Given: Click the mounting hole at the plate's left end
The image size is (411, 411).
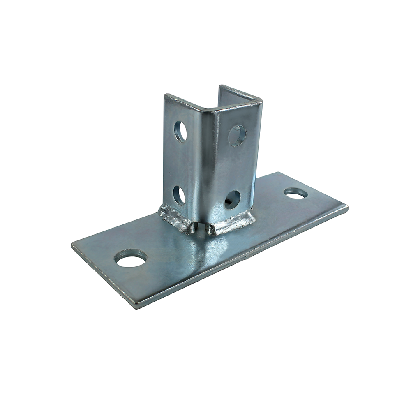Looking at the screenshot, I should [131, 259].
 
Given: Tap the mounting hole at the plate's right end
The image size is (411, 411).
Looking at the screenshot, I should [296, 193].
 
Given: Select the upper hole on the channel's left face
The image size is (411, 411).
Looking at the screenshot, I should [180, 132].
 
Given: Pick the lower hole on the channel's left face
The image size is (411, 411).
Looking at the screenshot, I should [179, 195].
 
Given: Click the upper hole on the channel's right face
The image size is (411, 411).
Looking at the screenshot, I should [237, 135].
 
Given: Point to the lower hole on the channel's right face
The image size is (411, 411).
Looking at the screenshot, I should [232, 199].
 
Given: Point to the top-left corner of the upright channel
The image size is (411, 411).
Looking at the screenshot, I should [165, 96].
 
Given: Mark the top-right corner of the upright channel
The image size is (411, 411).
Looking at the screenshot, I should [261, 100].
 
